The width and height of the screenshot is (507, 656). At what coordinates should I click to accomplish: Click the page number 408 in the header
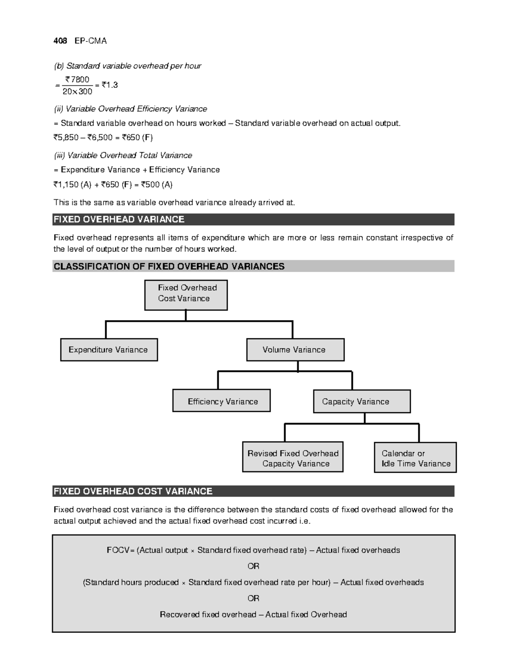[x=60, y=41]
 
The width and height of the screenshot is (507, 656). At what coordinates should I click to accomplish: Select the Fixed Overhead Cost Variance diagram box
[x=186, y=295]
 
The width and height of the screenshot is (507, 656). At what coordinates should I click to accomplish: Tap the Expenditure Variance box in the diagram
[x=109, y=350]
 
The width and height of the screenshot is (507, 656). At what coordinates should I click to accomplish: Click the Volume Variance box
[x=295, y=350]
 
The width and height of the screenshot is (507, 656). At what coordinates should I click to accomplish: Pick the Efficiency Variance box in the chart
[x=221, y=401]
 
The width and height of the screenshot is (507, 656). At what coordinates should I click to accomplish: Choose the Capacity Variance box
[x=361, y=401]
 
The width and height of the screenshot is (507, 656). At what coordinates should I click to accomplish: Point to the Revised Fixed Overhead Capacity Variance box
[x=292, y=457]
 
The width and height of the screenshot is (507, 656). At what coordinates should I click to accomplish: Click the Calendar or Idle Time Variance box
[x=415, y=457]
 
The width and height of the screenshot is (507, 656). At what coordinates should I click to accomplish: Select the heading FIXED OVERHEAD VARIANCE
[x=119, y=219]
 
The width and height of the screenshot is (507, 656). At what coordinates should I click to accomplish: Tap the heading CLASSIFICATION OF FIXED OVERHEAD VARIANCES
[x=169, y=266]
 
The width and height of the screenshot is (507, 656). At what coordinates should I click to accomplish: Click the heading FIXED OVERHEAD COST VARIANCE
[x=133, y=491]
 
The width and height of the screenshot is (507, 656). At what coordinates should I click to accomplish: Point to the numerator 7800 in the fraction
[x=77, y=79]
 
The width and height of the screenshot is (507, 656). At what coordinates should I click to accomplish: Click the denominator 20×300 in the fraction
[x=77, y=91]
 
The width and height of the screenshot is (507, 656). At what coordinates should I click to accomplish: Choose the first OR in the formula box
[x=253, y=566]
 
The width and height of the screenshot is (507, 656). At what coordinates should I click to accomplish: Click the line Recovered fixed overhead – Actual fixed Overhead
[x=253, y=614]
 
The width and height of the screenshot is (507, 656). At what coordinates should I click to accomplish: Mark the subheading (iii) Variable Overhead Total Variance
[x=123, y=155]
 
